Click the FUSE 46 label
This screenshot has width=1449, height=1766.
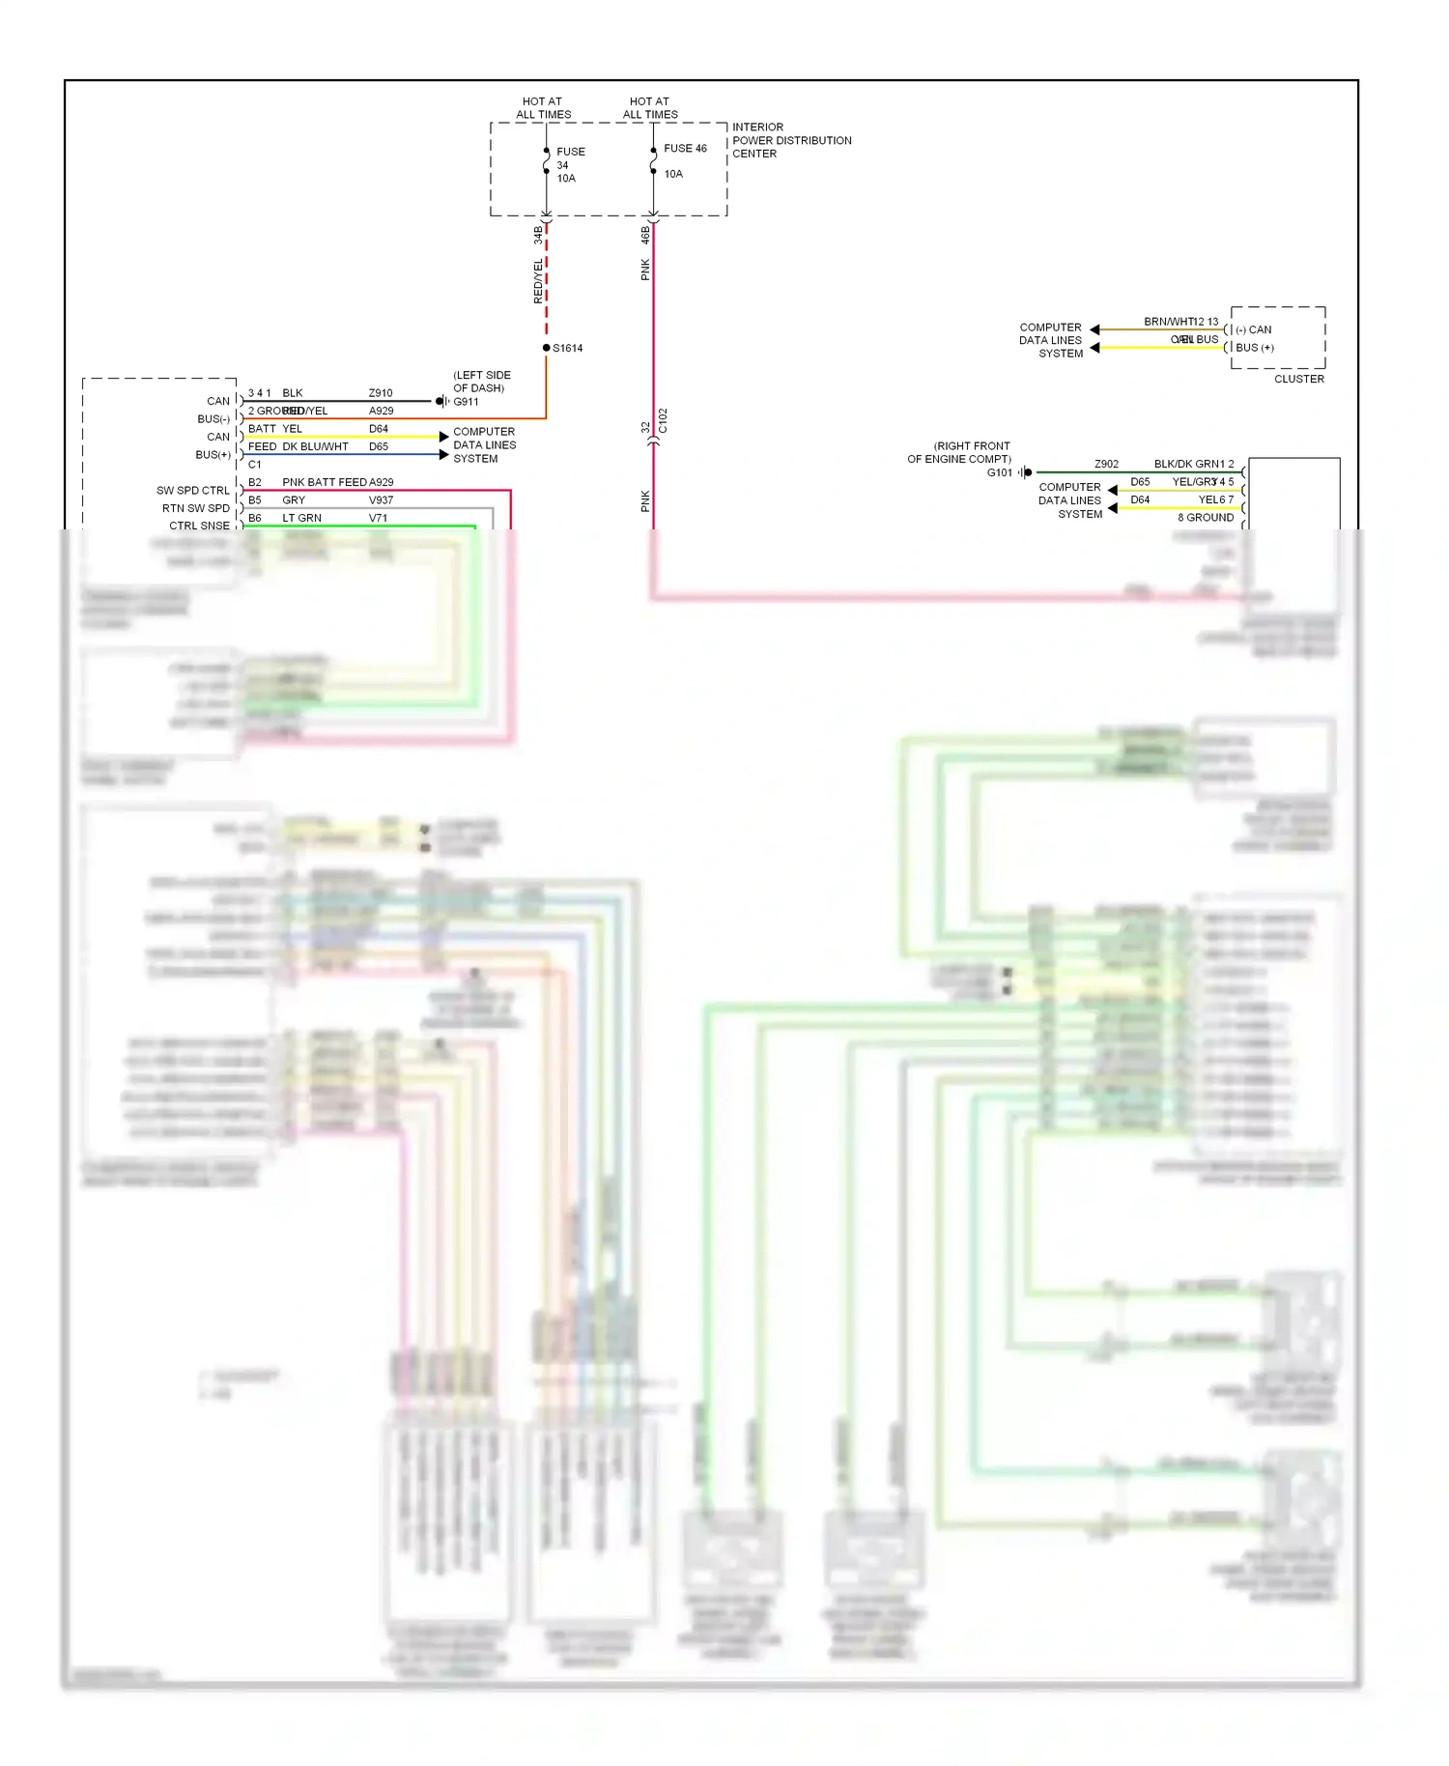(685, 149)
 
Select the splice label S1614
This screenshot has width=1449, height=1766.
(567, 348)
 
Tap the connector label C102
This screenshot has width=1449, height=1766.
(663, 420)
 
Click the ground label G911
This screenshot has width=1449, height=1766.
(466, 402)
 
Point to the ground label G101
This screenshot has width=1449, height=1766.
(1000, 472)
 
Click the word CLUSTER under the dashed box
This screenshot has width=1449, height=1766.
(1298, 379)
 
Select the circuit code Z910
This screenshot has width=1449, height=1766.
(381, 393)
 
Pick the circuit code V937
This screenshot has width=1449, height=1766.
(381, 500)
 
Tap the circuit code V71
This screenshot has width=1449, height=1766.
(378, 519)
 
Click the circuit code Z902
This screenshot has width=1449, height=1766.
(1106, 464)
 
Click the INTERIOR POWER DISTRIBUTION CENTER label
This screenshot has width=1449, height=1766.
(791, 140)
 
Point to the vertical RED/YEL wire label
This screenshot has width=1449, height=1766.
(539, 281)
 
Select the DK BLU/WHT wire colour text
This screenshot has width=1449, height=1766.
(315, 446)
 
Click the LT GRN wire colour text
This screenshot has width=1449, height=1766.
(301, 519)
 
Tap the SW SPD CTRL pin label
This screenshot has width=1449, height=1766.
(193, 491)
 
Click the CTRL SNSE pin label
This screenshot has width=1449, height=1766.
(199, 526)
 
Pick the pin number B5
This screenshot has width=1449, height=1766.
(255, 500)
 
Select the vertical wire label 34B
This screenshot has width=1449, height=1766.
(539, 235)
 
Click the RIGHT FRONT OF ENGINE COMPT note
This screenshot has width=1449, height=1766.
(959, 452)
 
